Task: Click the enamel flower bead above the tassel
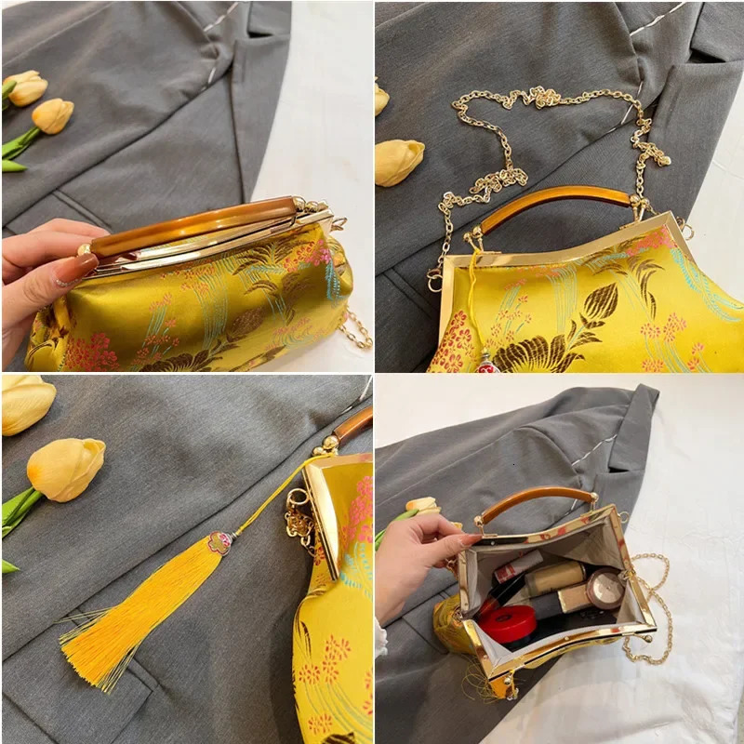220,542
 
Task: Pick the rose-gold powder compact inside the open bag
605,588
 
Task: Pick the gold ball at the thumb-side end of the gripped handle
85,249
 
